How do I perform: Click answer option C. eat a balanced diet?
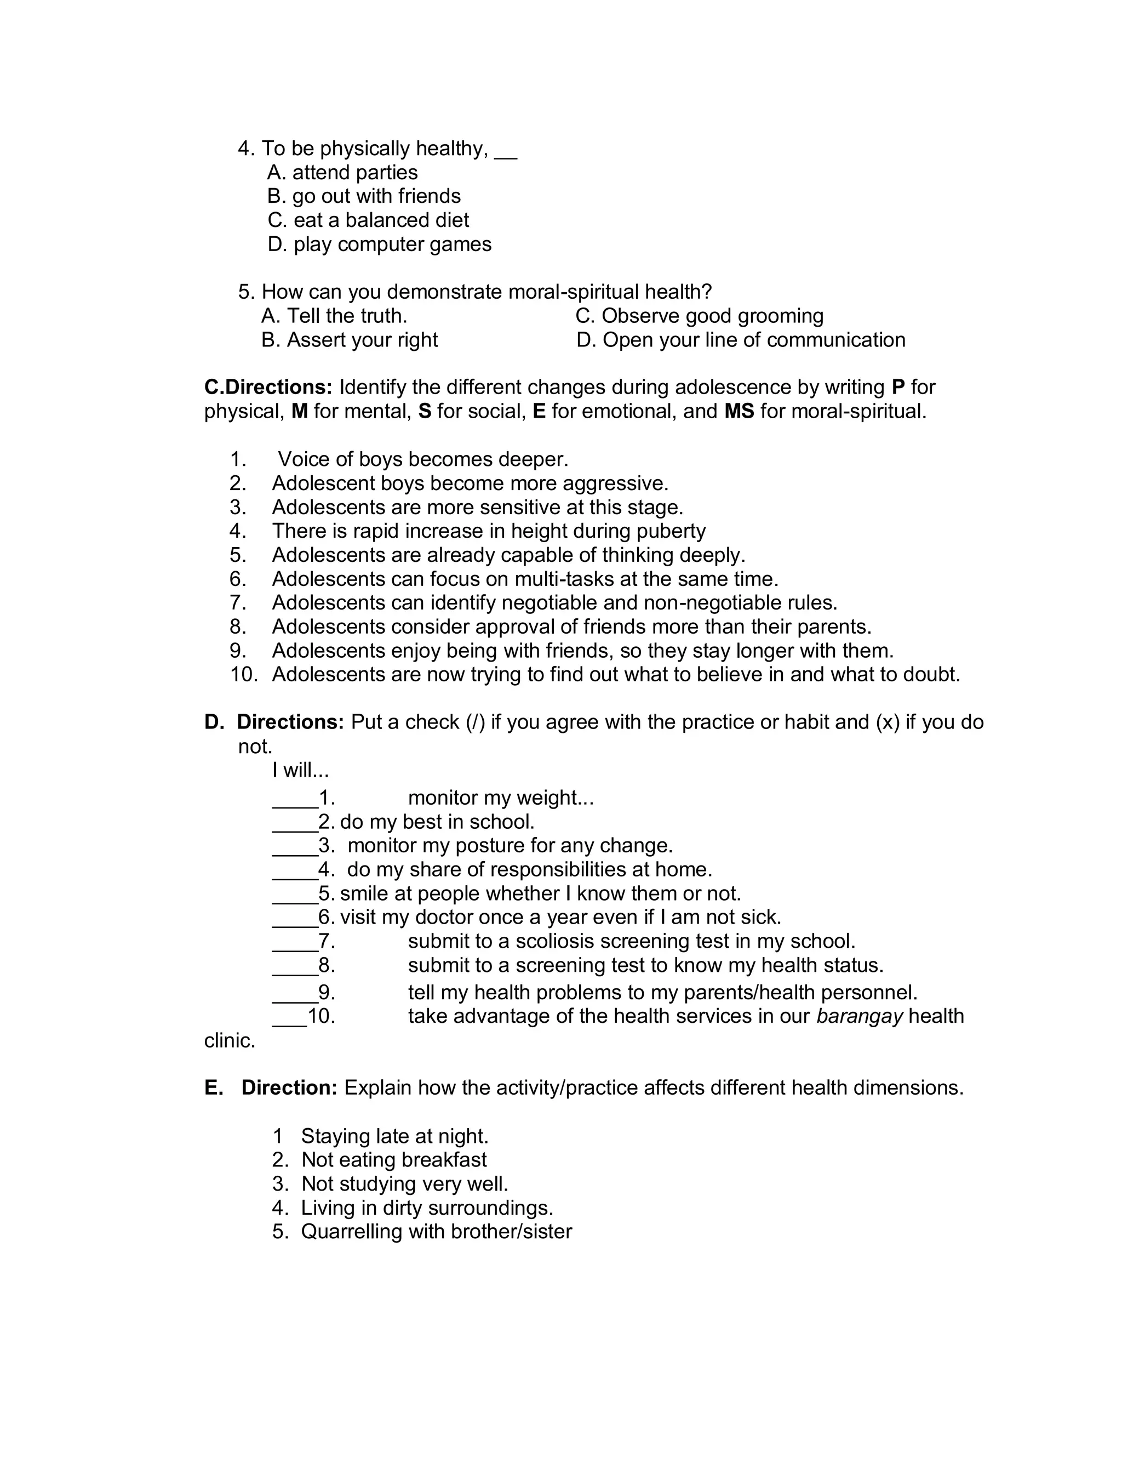pos(368,220)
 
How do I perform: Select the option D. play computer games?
pos(379,244)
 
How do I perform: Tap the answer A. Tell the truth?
pos(334,315)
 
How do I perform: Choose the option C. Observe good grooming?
pos(699,315)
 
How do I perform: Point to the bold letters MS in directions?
pos(739,411)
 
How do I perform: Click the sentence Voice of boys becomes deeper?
pos(423,459)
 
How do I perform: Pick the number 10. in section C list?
pos(244,674)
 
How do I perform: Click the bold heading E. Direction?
pos(271,1088)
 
